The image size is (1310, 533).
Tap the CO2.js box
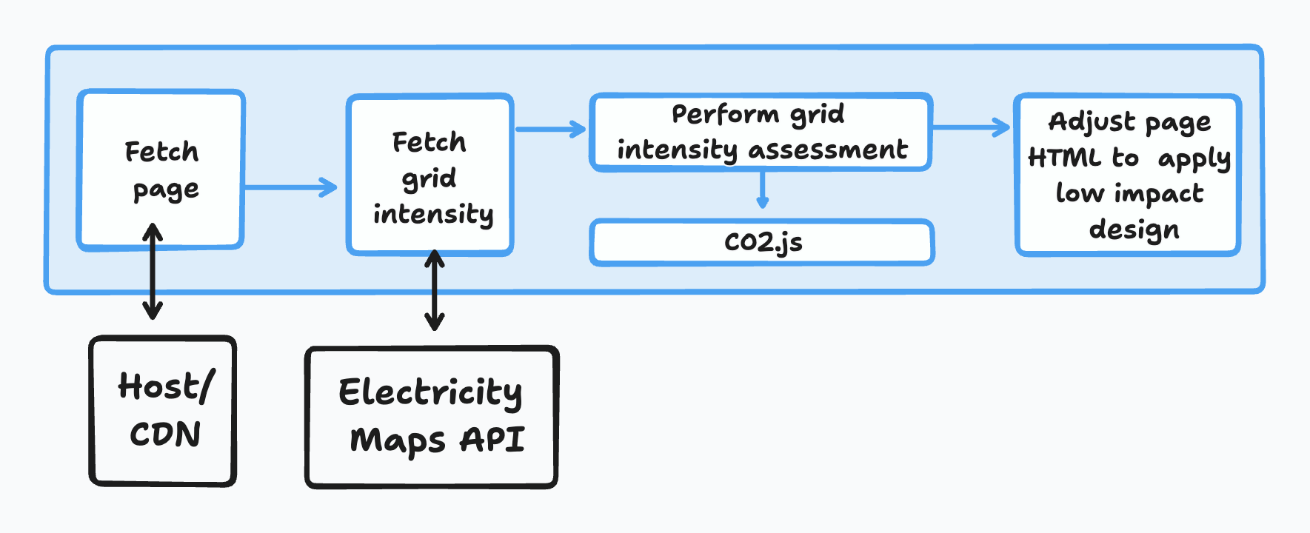pos(762,242)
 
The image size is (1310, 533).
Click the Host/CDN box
pos(163,412)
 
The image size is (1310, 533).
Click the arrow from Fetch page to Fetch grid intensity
pos(290,187)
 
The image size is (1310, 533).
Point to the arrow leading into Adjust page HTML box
pos(971,127)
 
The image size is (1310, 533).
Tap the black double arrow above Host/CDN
pos(153,271)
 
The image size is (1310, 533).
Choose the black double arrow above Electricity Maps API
pos(435,290)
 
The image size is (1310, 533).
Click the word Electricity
pos(430,392)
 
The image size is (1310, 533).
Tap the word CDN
pos(165,434)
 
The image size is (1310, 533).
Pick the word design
pos(1134,229)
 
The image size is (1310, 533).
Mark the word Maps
pos(398,441)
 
